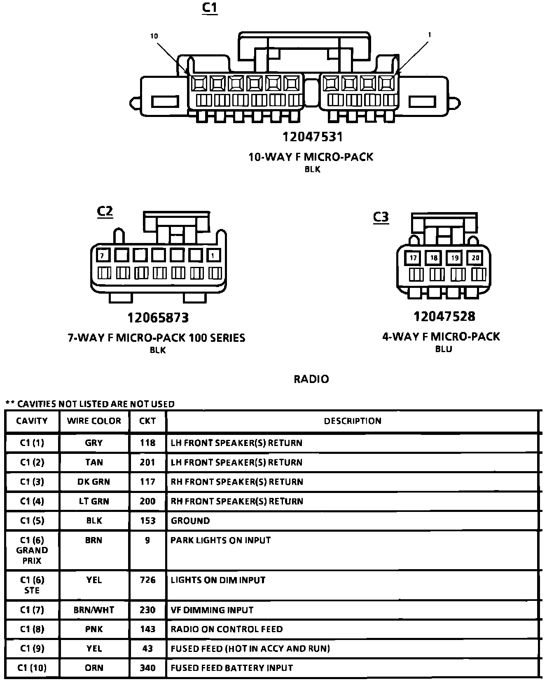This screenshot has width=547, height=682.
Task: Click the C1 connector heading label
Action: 209,8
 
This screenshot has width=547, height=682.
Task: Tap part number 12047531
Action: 312,137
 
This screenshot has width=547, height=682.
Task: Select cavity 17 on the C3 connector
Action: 413,258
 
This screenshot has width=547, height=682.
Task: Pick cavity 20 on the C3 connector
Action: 475,258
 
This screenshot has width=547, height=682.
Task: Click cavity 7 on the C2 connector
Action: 103,256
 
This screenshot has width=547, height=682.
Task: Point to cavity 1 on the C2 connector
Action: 213,256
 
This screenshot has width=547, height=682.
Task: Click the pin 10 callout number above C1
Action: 154,36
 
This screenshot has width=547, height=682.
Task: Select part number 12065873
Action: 158,318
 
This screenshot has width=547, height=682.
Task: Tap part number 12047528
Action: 444,316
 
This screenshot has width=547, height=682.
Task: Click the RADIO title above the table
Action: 311,379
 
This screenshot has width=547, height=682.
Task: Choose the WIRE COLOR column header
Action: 94,421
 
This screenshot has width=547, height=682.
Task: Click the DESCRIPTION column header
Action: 353,421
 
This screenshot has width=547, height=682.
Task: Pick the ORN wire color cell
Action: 94,668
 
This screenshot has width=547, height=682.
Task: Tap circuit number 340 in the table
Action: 147,668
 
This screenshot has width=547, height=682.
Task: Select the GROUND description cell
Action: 190,521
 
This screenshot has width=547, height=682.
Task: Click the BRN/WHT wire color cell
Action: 94,610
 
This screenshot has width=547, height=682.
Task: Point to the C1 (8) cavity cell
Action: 32,629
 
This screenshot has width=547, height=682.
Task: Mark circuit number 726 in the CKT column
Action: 147,580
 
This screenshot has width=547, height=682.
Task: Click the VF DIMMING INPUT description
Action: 212,610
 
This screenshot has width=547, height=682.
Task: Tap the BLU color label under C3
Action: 444,349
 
